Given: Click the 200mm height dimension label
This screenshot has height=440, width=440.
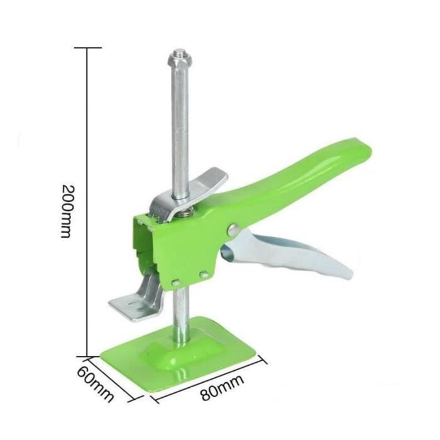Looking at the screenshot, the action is click(x=68, y=211).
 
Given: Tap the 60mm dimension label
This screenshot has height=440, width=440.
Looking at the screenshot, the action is click(x=96, y=384).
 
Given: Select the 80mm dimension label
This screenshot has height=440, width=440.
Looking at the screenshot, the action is click(x=223, y=388).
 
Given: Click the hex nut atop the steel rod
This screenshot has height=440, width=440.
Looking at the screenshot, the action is click(x=180, y=60).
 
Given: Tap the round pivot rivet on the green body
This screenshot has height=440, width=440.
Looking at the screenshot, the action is click(x=233, y=229).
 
